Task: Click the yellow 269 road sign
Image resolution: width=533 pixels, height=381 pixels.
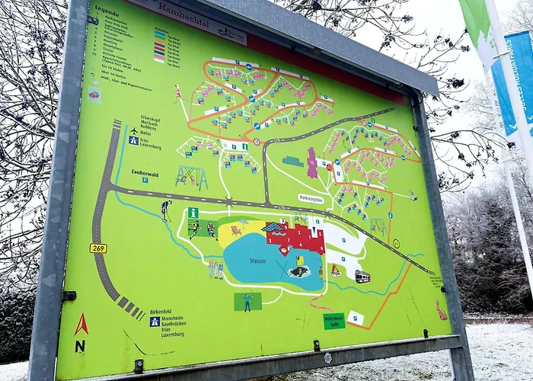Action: point(98,248)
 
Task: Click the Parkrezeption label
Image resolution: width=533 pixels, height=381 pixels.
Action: point(311,199)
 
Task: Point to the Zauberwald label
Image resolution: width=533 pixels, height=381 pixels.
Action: point(144,173)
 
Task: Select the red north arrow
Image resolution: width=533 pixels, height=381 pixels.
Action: point(81,325)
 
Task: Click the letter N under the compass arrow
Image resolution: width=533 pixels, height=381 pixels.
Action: point(80,346)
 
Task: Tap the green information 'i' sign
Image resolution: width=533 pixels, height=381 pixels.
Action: point(193,213)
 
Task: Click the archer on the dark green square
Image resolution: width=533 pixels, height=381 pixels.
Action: point(247,302)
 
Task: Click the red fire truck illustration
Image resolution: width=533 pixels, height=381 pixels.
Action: point(362,276)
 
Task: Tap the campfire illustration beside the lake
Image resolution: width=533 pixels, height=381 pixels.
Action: point(336,270)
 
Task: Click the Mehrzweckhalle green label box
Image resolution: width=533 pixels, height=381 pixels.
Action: point(334,321)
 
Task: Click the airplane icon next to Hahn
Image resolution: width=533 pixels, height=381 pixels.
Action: point(133,130)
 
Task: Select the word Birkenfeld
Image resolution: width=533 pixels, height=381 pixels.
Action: point(166,312)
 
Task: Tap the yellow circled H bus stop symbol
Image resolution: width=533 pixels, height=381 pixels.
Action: point(396,244)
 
